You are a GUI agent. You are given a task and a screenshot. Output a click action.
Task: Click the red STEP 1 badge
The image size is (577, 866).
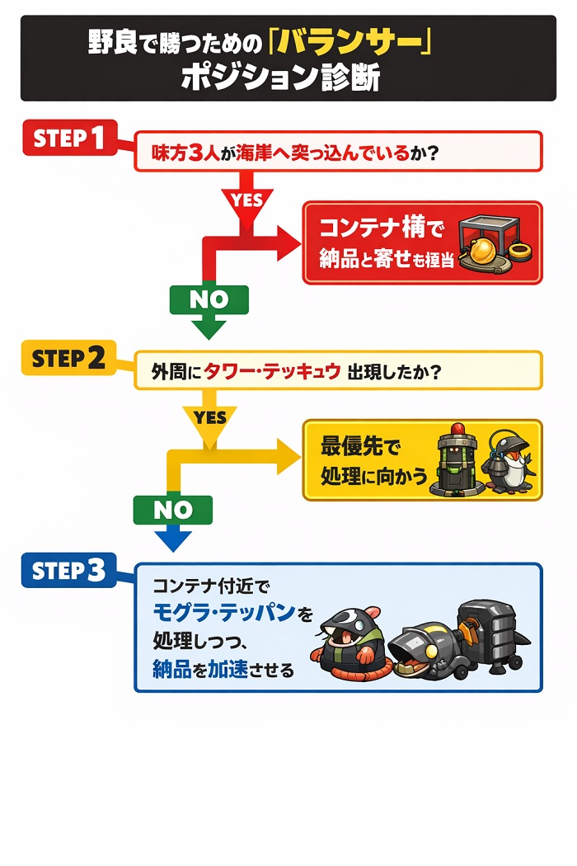pyautogui.click(x=70, y=138)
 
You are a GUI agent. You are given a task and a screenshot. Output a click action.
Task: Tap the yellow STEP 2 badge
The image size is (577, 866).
pyautogui.click(x=68, y=358)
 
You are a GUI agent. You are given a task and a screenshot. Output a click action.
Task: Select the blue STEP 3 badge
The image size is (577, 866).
pyautogui.click(x=68, y=570)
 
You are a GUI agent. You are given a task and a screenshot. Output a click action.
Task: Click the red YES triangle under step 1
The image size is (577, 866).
pyautogui.click(x=246, y=203)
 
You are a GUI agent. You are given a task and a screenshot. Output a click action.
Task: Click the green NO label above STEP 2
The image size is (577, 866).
pyautogui.click(x=209, y=299)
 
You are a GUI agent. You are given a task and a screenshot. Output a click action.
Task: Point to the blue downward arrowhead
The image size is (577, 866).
pyautogui.click(x=172, y=540)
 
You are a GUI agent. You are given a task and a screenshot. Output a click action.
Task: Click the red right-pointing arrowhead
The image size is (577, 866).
pyautogui.click(x=288, y=243)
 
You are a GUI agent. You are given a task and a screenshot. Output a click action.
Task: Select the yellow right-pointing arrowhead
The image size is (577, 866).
pyautogui.click(x=288, y=457)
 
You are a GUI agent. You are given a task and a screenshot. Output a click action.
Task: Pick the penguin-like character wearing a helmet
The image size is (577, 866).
pyautogui.click(x=508, y=462)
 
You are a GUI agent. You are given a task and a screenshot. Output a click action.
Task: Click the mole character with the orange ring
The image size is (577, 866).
pyautogui.click(x=346, y=636)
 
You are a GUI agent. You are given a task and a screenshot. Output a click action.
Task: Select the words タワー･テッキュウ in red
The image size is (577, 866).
pyautogui.click(x=272, y=371)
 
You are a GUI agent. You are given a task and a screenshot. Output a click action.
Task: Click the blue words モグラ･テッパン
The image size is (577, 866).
pyautogui.click(x=225, y=613)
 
